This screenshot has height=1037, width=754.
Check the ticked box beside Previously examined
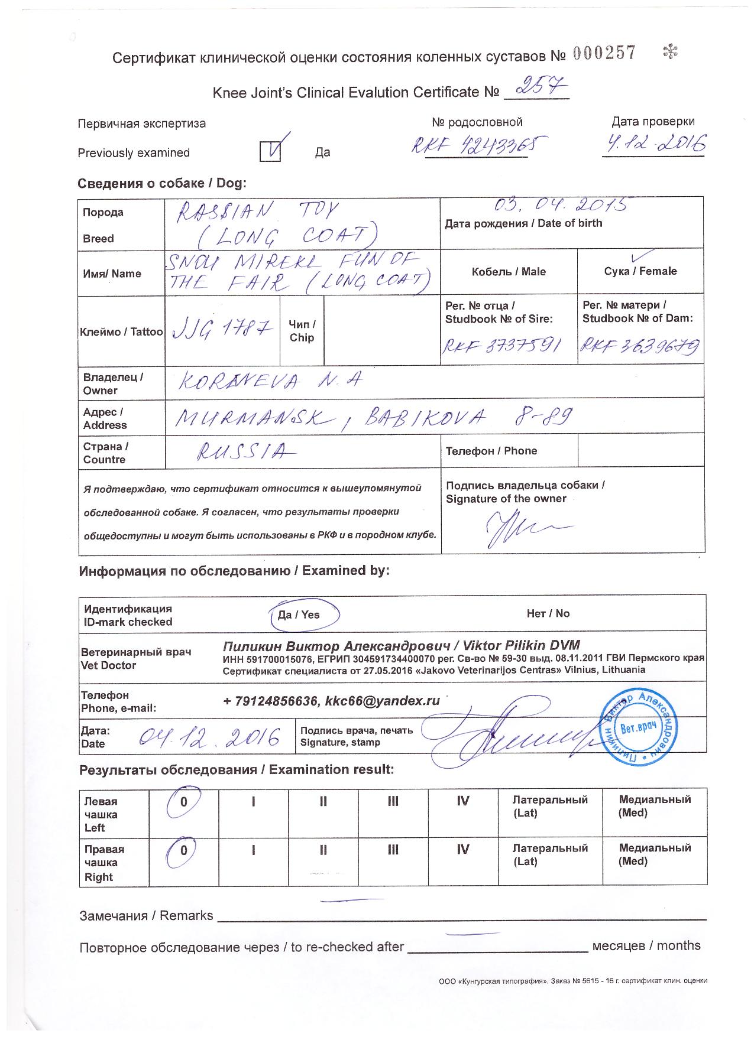(271, 151)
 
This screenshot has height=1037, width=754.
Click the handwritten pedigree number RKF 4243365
(477, 145)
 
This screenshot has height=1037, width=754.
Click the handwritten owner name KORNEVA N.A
(264, 382)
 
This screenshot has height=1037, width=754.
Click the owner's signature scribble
(520, 526)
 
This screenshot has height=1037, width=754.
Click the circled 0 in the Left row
(184, 802)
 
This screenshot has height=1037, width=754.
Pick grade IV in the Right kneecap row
(463, 850)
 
